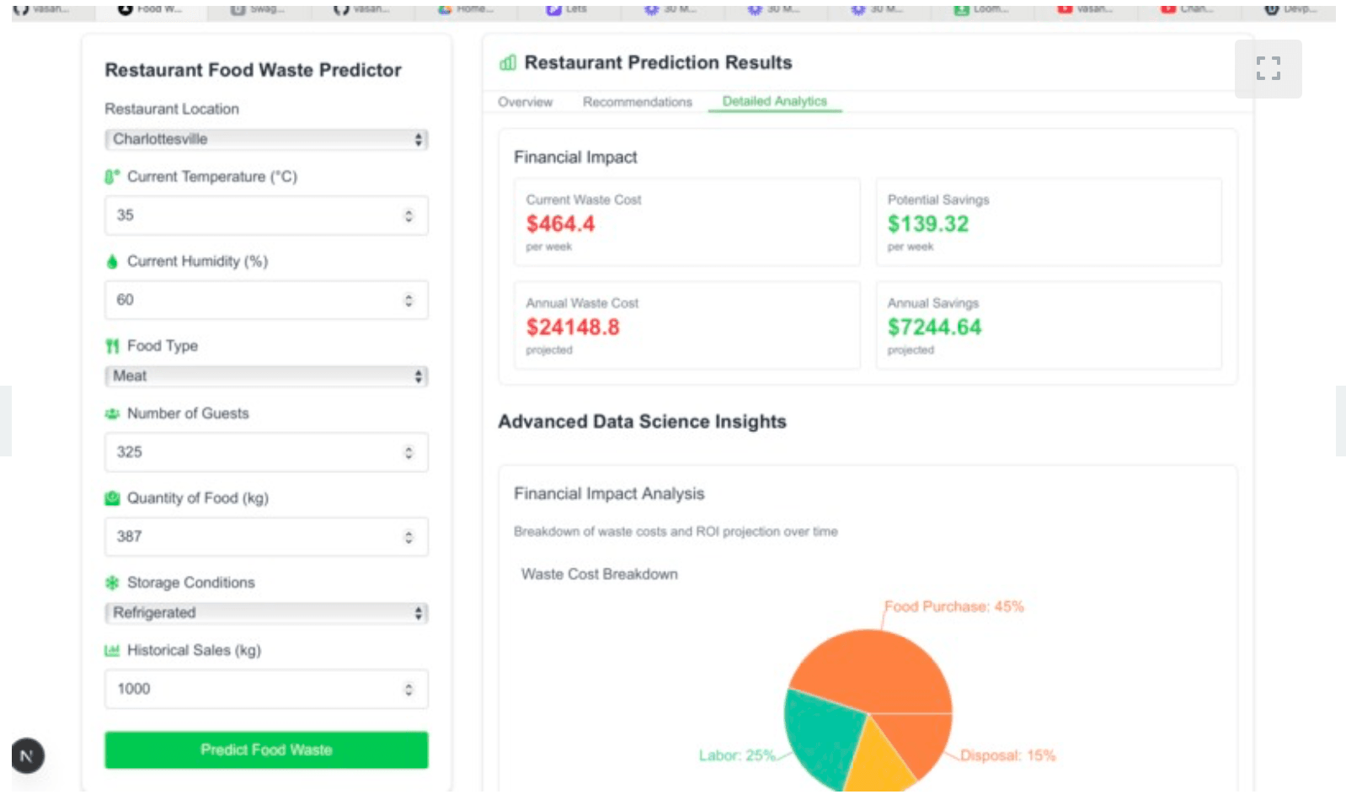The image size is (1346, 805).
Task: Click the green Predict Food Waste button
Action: (265, 749)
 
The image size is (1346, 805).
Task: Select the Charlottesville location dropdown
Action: (265, 139)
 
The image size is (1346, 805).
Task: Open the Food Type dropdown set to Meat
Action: (265, 376)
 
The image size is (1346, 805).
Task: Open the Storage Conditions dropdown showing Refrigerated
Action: (265, 612)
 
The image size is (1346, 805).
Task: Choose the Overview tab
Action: (525, 102)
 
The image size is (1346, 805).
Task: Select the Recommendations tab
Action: (637, 102)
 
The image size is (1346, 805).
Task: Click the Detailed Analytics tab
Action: (774, 101)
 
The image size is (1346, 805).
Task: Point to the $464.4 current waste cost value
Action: (560, 224)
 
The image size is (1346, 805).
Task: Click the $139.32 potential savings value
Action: (927, 224)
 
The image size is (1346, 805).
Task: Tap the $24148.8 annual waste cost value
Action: (573, 327)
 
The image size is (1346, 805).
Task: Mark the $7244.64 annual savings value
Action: (934, 327)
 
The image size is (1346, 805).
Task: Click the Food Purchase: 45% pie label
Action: (953, 606)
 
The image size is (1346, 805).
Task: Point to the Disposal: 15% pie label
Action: (1007, 755)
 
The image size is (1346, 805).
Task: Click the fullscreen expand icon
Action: (1268, 68)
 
